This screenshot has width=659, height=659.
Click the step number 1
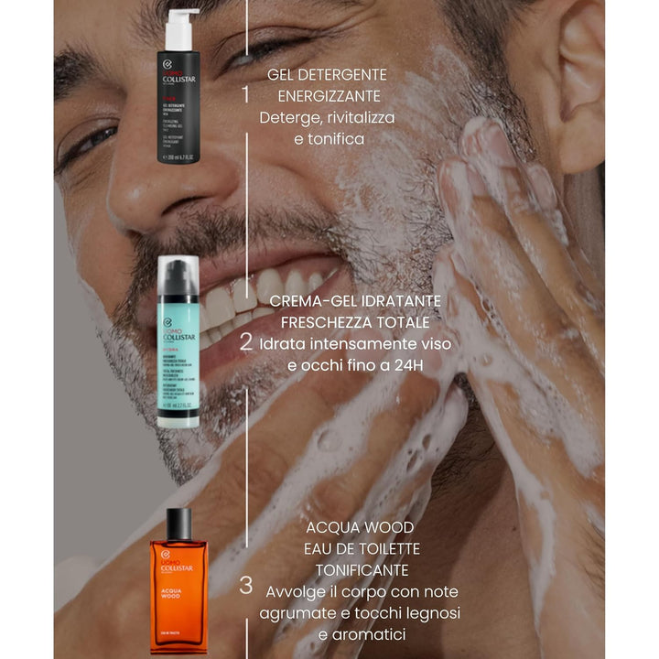click(x=245, y=94)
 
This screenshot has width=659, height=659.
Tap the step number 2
click(x=245, y=342)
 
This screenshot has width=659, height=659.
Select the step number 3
click(x=245, y=587)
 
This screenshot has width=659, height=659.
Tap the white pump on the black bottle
click(x=181, y=27)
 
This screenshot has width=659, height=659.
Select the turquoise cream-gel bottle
click(x=178, y=343)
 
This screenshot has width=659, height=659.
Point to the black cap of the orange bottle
click(x=178, y=524)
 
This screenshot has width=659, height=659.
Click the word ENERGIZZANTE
click(x=311, y=96)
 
